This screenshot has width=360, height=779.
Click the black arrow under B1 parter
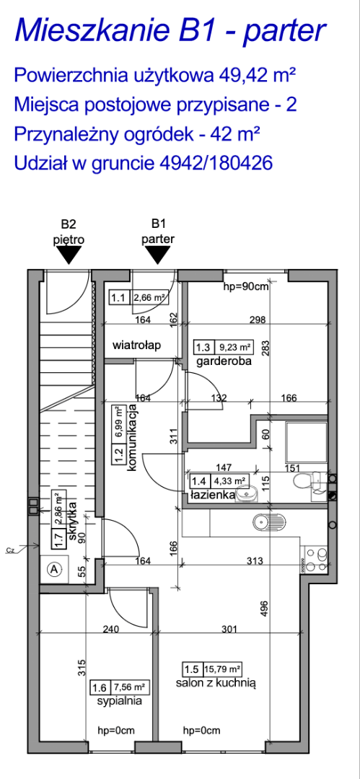(x=159, y=255)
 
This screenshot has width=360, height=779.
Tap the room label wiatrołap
(x=137, y=346)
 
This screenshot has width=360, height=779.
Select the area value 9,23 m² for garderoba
(x=234, y=346)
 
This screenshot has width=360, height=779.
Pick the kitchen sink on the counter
(x=269, y=521)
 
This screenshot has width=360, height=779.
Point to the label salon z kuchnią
(x=215, y=684)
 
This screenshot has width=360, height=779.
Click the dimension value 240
(x=111, y=630)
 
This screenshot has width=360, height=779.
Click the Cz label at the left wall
(x=10, y=550)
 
